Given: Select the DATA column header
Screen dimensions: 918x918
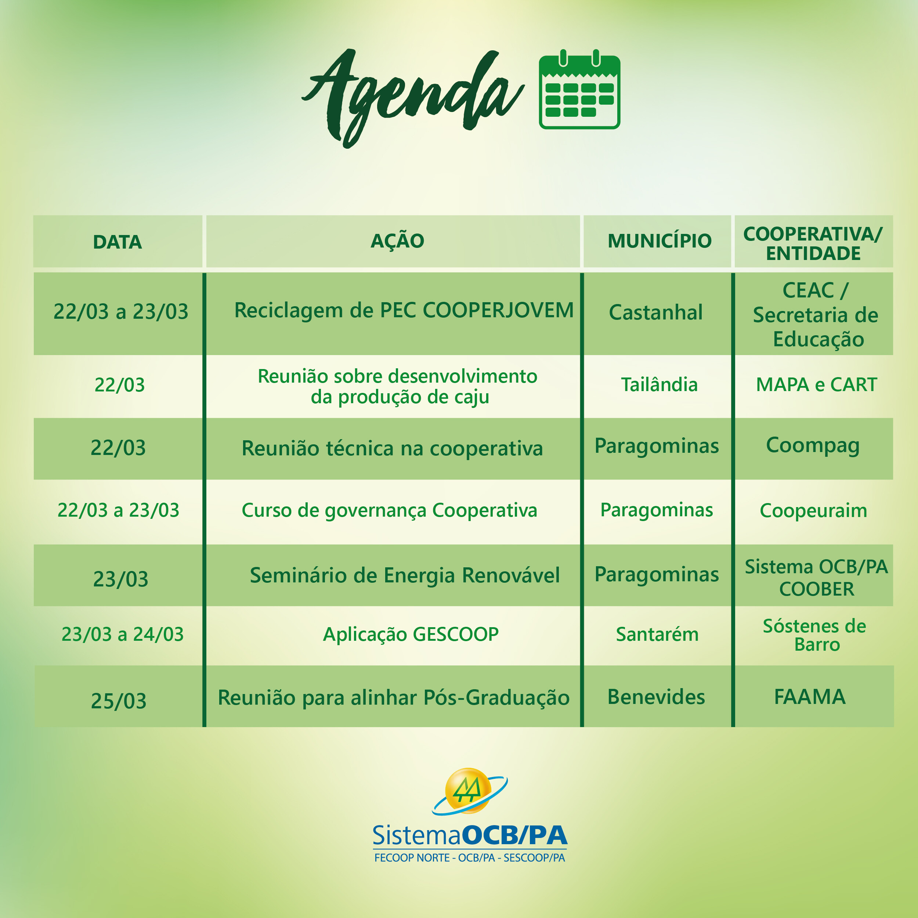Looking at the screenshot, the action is (x=118, y=242).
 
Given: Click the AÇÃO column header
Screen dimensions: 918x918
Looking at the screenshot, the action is (x=397, y=241).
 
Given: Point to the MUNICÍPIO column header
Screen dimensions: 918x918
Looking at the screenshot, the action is (x=659, y=241).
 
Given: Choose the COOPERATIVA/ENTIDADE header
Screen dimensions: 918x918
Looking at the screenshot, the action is (x=813, y=243).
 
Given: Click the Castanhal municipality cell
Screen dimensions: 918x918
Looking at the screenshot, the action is (x=656, y=312).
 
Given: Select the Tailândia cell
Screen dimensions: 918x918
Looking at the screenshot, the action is (x=659, y=384).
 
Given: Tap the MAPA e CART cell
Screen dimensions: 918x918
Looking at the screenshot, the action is (x=816, y=384).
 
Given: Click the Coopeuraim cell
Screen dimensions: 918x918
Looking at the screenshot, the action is (x=813, y=511).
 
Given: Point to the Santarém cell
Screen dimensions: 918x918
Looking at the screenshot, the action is (x=657, y=634).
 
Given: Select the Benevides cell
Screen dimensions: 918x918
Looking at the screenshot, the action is (x=656, y=697).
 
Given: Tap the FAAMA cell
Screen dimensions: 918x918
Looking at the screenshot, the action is (x=810, y=697).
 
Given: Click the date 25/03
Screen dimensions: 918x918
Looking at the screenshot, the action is (x=119, y=701).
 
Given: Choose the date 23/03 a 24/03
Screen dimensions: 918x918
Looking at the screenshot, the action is (x=123, y=634).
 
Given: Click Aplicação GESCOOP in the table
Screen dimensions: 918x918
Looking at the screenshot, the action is (x=411, y=634).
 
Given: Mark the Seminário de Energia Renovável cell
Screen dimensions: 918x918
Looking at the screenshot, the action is (x=405, y=575).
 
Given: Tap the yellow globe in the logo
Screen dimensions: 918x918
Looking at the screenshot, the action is (x=468, y=791).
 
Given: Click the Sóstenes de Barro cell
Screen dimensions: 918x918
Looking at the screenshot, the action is (x=814, y=635).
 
